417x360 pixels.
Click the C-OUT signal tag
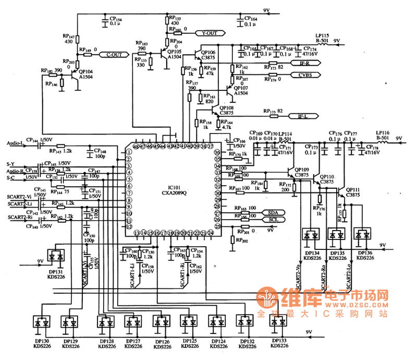pos(114,54)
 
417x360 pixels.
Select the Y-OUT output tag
pos(209,33)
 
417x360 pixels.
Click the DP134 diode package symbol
pos(311,235)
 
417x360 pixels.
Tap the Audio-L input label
pos(15,143)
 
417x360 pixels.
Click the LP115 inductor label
pos(322,37)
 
